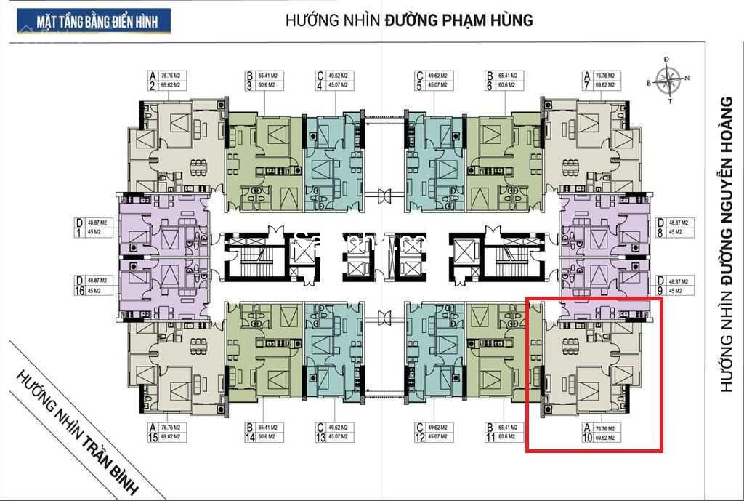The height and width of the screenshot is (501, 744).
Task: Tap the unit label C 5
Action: [434, 80]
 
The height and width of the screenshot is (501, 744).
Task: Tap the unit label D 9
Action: [671, 285]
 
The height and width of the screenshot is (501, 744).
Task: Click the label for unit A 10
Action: [601, 433]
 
